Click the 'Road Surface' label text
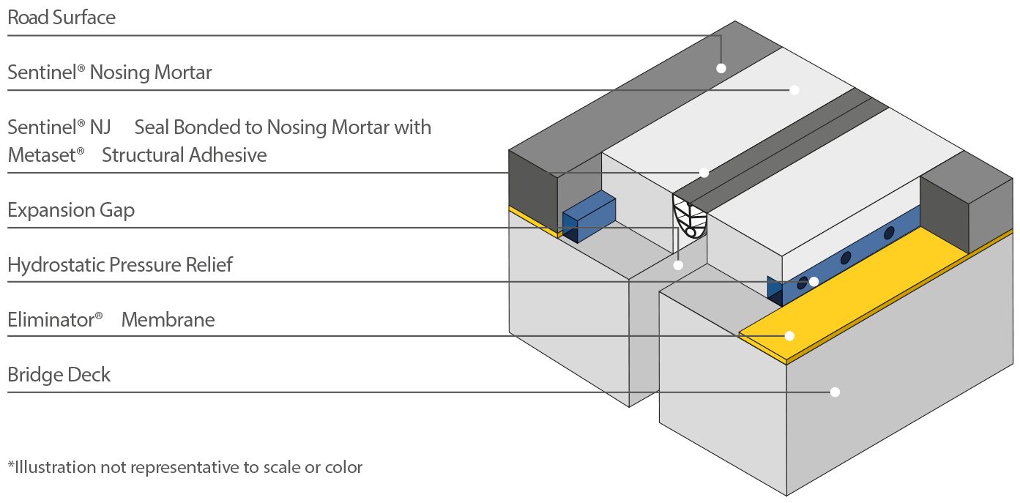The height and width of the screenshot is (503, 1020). coord(62,18)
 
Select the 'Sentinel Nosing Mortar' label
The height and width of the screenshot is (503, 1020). coord(110,72)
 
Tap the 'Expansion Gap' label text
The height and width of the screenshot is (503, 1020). coord(71,210)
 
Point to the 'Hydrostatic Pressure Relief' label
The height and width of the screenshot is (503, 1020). coord(120,264)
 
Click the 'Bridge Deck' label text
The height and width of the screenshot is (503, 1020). coord(59,375)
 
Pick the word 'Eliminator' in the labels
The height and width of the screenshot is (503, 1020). coord(55,319)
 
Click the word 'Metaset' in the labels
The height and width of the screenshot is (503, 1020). coord(46,155)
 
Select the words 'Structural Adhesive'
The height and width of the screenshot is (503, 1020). coord(185,155)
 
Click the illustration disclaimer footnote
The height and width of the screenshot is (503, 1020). coord(185,468)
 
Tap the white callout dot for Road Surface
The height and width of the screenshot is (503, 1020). coord(721,68)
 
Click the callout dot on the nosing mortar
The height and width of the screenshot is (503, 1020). coord(794,90)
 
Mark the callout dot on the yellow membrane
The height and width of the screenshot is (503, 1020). coord(789,336)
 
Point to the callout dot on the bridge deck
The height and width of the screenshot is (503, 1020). coord(835,392)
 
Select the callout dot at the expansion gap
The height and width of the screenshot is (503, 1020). coord(678,265)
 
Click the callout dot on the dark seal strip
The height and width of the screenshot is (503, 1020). coord(704,173)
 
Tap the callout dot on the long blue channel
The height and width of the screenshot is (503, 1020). coord(814,282)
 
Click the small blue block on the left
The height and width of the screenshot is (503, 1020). coord(589,217)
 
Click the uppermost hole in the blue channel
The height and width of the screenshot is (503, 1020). coord(889,233)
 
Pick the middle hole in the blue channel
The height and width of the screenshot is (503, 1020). coord(846,258)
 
